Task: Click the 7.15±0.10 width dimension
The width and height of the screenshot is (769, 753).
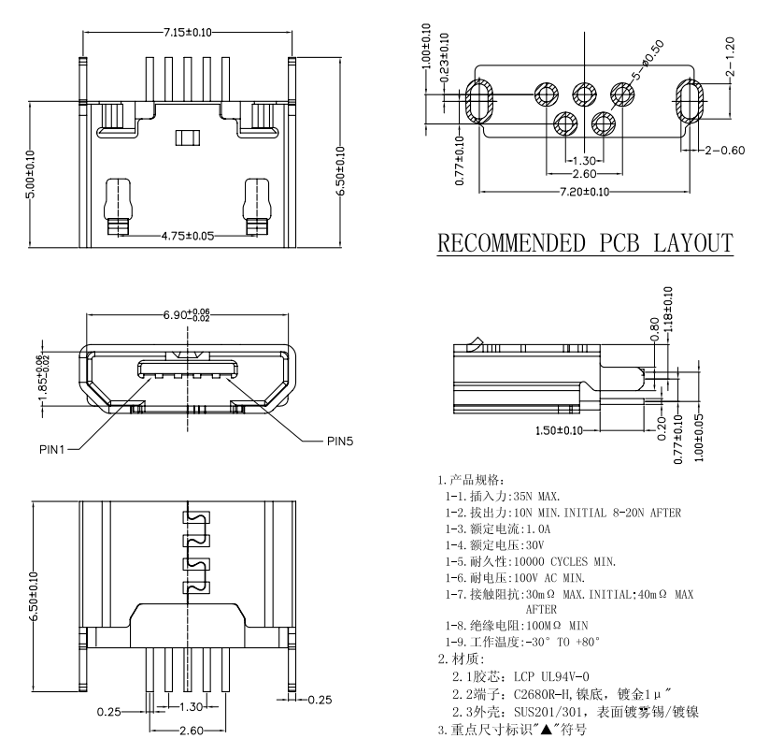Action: pos(188,33)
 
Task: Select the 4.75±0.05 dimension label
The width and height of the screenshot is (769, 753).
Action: pos(188,236)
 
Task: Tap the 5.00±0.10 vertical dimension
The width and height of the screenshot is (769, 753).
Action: pos(32,174)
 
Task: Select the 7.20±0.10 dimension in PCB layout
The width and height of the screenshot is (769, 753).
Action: pos(585,192)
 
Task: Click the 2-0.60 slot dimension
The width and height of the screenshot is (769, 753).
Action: pos(726,150)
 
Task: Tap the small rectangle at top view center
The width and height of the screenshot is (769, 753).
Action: pos(188,138)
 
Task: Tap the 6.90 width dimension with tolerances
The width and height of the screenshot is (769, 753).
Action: pos(188,315)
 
